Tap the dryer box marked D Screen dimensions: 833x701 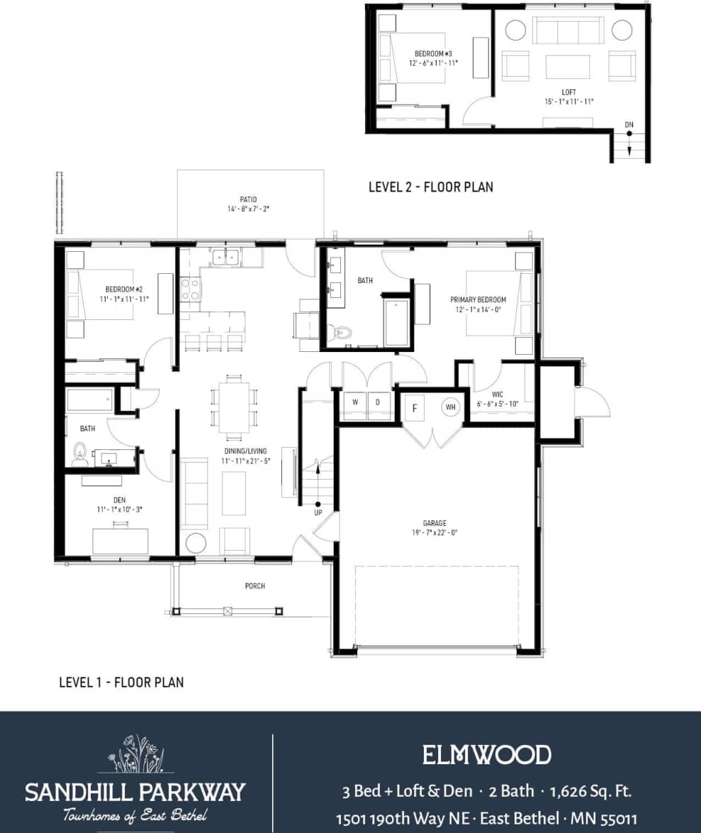point(378,402)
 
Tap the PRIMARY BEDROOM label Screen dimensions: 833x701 point(478,299)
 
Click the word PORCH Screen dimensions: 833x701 point(254,586)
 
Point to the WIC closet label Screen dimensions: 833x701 point(498,395)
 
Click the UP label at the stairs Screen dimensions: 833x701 point(318,512)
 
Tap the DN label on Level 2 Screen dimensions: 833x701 point(629,125)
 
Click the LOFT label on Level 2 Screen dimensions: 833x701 point(569,92)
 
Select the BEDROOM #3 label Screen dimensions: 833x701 point(433,54)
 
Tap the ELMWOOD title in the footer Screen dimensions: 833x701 point(486,755)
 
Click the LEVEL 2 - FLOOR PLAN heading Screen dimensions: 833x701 point(430,187)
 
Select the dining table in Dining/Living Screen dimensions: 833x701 point(233,407)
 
